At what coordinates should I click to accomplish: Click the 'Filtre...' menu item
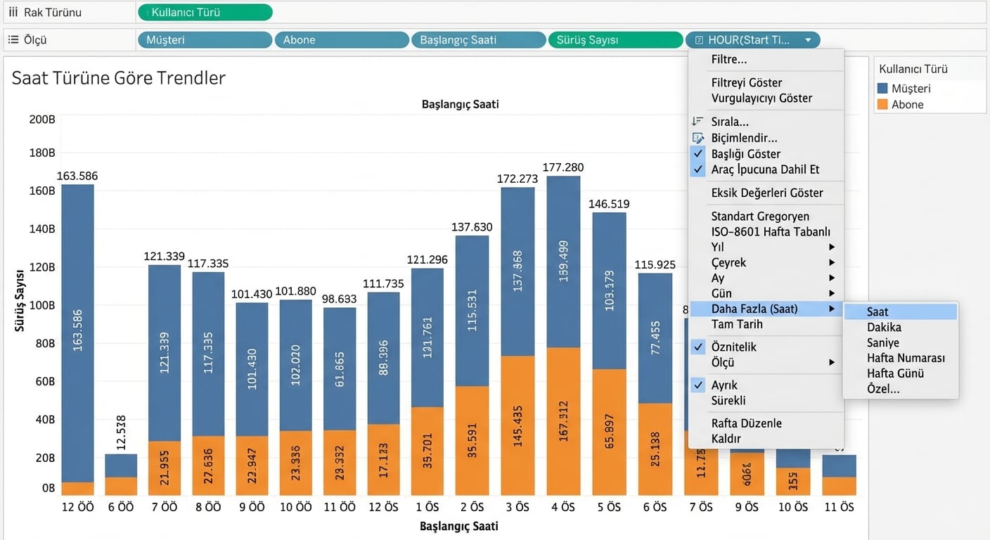729,60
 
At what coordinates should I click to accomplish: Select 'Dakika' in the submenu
884,327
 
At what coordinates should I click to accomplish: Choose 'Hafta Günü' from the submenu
895,373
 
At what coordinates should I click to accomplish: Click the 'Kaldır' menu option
726,439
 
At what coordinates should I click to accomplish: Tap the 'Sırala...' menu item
730,122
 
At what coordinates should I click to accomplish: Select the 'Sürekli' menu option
728,401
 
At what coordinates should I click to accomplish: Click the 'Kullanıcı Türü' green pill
205,12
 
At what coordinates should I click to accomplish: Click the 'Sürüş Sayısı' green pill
615,40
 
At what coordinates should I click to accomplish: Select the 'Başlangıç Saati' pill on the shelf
478,40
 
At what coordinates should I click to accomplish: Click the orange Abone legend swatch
882,105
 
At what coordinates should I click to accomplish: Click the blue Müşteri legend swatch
882,89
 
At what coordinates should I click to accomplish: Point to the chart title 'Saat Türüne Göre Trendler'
118,77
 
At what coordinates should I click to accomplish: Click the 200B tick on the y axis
41,120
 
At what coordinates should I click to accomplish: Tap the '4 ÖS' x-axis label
562,507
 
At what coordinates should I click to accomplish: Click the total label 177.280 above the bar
563,167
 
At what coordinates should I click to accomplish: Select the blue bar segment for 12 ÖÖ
77,330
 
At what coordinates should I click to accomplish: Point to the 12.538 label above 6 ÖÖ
121,445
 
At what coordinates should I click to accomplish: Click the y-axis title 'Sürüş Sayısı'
20,299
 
